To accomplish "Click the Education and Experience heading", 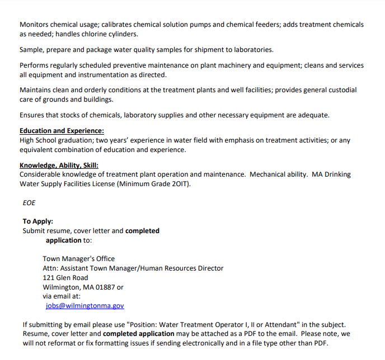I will coord(62,131).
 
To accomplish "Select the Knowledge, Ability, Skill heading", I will coord(59,165).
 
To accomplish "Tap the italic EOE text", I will coord(29,203).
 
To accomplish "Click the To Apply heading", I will coord(38,221).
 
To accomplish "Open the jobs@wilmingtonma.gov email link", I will coord(85,306).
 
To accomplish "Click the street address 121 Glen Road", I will coord(65,277).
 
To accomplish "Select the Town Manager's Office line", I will coord(78,259).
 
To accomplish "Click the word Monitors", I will coord(35,25).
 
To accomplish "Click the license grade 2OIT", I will coord(179,184).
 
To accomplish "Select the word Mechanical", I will coord(270,174).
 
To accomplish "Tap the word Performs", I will coord(35,65).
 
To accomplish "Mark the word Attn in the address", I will coord(51,268).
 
